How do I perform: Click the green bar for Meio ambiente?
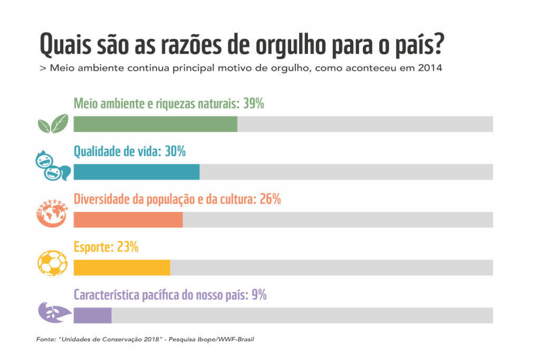click(x=156, y=124)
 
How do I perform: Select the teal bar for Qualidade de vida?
click(x=137, y=172)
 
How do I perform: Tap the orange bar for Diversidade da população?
click(x=128, y=220)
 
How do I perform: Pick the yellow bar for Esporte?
click(x=122, y=267)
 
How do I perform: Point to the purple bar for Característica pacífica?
click(x=92, y=315)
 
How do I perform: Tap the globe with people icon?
click(x=53, y=213)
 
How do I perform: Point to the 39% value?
click(x=254, y=103)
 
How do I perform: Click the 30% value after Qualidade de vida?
click(x=175, y=152)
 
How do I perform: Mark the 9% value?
click(x=259, y=295)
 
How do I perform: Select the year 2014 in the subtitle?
click(x=429, y=69)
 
